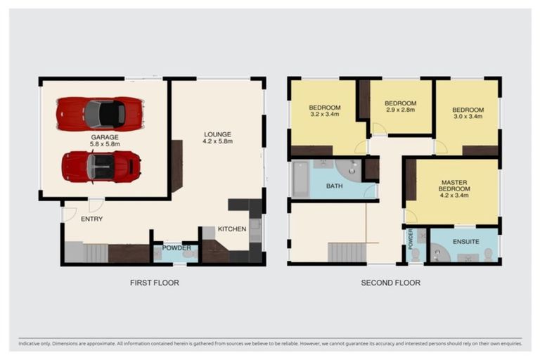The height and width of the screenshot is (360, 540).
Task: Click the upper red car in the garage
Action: pyautogui.click(x=101, y=113)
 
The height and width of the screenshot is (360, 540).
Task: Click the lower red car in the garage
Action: pyautogui.click(x=101, y=167)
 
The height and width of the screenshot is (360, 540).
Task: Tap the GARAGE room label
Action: pyautogui.click(x=104, y=137)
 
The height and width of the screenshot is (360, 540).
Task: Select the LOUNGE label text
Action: pyautogui.click(x=217, y=134)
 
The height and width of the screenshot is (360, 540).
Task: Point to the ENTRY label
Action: pyautogui.click(x=91, y=219)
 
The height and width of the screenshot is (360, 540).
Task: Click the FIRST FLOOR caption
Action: pyautogui.click(x=154, y=283)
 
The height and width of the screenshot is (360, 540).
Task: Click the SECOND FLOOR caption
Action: pyautogui.click(x=390, y=283)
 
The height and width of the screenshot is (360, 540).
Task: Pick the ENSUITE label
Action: pyautogui.click(x=465, y=241)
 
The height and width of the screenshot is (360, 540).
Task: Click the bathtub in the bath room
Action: pyautogui.click(x=300, y=180)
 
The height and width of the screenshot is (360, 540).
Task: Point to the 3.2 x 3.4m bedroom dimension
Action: pyautogui.click(x=324, y=114)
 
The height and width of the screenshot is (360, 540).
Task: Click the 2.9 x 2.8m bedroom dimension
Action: pyautogui.click(x=400, y=110)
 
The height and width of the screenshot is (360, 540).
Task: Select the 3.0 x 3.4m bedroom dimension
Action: pyautogui.click(x=468, y=117)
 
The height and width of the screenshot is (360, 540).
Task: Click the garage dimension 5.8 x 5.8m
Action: pyautogui.click(x=104, y=144)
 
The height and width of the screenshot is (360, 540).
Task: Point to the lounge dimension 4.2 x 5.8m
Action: pyautogui.click(x=217, y=141)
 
